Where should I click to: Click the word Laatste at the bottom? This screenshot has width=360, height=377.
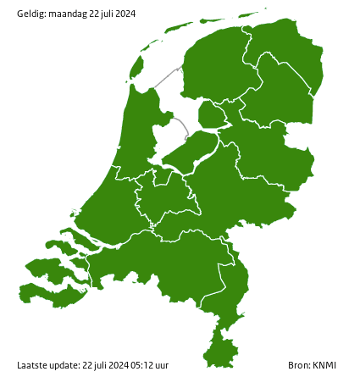[32, 365]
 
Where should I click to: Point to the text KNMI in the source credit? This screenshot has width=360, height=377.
[325, 365]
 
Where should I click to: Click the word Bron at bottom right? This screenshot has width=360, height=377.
[298, 365]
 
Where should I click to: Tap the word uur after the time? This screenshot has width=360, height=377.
[161, 365]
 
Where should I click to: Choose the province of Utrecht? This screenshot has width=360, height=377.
[165, 195]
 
